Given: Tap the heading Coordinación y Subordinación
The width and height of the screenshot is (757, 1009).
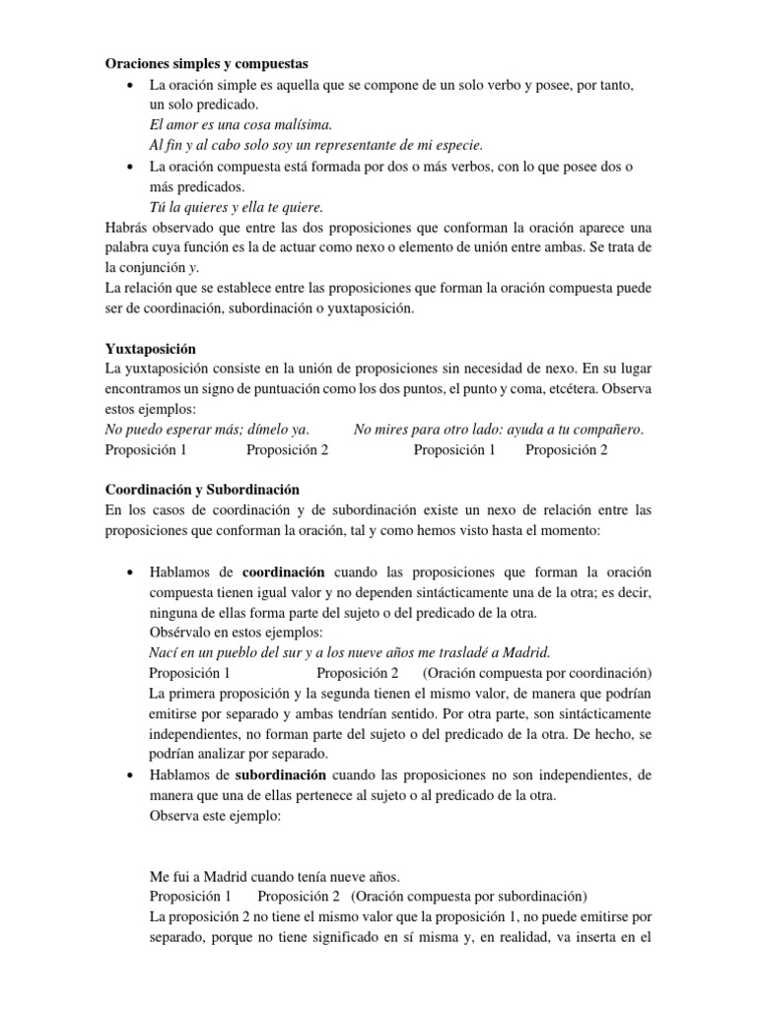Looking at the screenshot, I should point(202,489).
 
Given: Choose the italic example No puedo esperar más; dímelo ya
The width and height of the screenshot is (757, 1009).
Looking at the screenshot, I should point(207,430).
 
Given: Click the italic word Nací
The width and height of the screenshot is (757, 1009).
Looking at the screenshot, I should point(165,653).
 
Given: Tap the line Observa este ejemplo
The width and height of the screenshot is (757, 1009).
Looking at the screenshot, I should point(216,816).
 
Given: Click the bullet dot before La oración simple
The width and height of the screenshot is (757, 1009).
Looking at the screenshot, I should point(130,86).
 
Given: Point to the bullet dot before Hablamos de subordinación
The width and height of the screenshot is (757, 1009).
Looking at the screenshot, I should point(130,776).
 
